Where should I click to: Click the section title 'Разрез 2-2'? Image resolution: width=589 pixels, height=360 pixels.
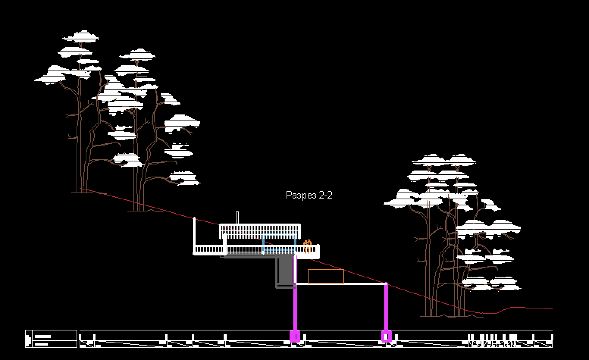point(309,195)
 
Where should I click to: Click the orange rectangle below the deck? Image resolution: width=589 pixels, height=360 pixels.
point(326,276)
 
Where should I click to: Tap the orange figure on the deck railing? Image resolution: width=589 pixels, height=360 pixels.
point(307,246)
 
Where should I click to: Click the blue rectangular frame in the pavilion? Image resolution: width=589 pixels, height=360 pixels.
point(279,243)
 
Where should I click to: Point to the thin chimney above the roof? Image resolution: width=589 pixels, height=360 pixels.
point(237,218)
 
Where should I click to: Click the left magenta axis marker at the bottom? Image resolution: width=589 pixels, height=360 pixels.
point(295,336)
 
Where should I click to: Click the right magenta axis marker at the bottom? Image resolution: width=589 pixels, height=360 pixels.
point(386,336)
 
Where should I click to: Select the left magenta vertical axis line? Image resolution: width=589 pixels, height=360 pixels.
point(295,307)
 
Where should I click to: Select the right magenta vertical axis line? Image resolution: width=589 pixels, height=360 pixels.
point(386,307)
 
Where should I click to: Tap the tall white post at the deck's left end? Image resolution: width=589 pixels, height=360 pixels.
point(194,233)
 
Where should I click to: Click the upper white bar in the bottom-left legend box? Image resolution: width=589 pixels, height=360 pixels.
point(42,336)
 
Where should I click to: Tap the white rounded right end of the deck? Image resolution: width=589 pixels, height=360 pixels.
point(317,250)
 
